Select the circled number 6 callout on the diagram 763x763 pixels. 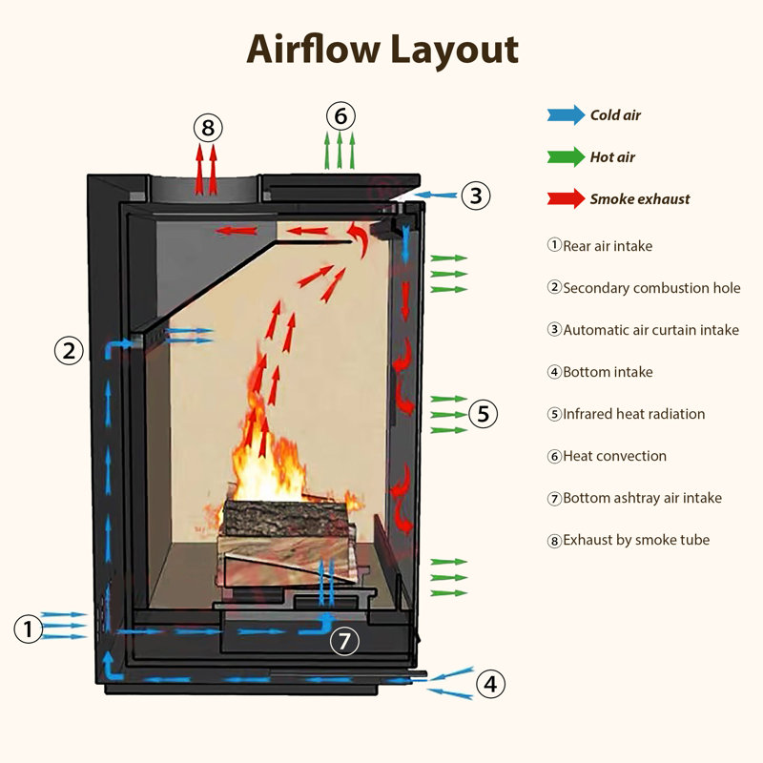click(340, 116)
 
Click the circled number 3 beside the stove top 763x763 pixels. click(476, 196)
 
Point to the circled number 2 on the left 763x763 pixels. click(68, 351)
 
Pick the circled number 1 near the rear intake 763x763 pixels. click(29, 629)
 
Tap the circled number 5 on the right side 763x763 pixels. click(483, 414)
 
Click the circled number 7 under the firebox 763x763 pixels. click(345, 641)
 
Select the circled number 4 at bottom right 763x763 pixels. click(489, 684)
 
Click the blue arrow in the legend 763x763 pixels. click(566, 115)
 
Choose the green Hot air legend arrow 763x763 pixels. click(566, 157)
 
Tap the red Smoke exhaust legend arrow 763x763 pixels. click(566, 199)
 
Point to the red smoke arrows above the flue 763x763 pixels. click(206, 168)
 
